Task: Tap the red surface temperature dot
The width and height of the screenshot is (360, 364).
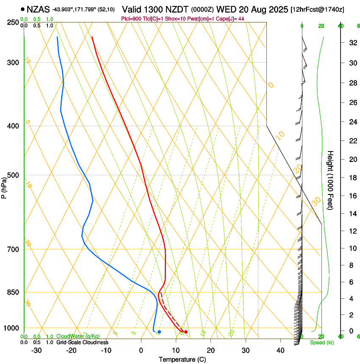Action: coord(186,332)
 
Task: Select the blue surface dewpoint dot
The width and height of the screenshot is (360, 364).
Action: coord(159,332)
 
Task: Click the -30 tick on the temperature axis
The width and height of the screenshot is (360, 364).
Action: coord(36,350)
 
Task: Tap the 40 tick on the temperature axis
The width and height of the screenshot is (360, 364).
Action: coord(280,350)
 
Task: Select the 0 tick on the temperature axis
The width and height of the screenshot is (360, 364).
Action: coord(141,350)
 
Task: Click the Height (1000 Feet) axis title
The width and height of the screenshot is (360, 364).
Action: coord(331,180)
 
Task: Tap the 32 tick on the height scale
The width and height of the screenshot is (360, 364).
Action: coord(352,43)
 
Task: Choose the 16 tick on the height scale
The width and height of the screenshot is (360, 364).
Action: coord(352,196)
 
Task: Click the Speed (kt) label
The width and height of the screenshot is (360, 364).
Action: coord(322,342)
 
